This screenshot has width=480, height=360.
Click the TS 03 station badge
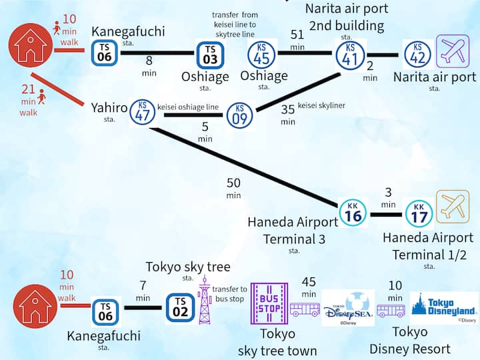[210, 54]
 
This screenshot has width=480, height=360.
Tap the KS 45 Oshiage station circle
[262, 53]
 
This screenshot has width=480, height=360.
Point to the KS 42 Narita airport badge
[417, 53]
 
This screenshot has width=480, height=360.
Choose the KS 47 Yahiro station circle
[143, 111]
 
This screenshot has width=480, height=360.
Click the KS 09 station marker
[240, 115]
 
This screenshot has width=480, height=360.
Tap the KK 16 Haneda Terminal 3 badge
[353, 213]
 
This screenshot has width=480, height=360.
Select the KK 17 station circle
[419, 213]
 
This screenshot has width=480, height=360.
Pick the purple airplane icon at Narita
[453, 52]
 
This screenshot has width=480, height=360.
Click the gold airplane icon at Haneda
[453, 207]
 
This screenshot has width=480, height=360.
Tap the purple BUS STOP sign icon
[269, 303]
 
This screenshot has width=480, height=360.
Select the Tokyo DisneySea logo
[347, 308]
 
